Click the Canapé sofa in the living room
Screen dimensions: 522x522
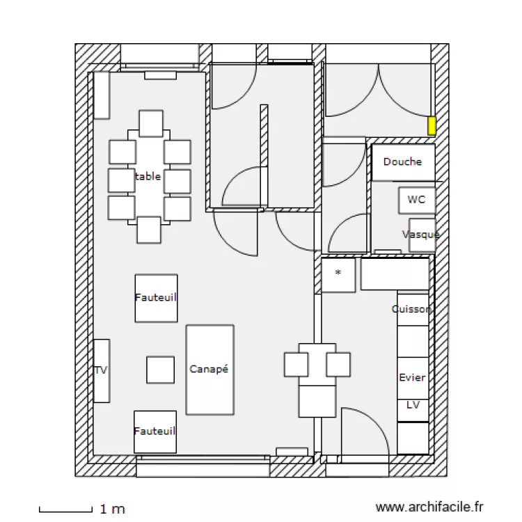pyautogui.click(x=209, y=370)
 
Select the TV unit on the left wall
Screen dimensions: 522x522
pyautogui.click(x=102, y=370)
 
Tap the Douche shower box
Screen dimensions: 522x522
pyautogui.click(x=402, y=162)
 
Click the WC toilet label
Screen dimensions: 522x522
pyautogui.click(x=416, y=200)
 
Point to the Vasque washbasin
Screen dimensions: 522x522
pyautogui.click(x=421, y=235)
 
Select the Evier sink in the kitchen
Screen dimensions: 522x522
pyautogui.click(x=412, y=377)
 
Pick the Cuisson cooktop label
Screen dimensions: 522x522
pyautogui.click(x=411, y=309)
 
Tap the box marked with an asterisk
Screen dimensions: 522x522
pyautogui.click(x=338, y=274)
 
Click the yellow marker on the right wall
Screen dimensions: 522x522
pyautogui.click(x=432, y=126)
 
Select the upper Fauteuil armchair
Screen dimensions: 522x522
pyautogui.click(x=156, y=297)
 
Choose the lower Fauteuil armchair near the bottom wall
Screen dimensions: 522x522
pyautogui.click(x=155, y=431)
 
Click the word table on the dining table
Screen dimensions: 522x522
pyautogui.click(x=148, y=177)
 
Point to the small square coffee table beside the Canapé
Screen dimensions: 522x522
pyautogui.click(x=160, y=370)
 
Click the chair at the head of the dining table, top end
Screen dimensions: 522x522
pyautogui.click(x=150, y=123)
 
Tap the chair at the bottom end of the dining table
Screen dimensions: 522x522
pyautogui.click(x=149, y=230)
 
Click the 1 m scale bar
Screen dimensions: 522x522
pyautogui.click(x=65, y=509)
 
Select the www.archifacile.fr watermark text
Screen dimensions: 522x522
pyautogui.click(x=429, y=509)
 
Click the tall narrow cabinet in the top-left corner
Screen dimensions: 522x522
pyautogui.click(x=102, y=95)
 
